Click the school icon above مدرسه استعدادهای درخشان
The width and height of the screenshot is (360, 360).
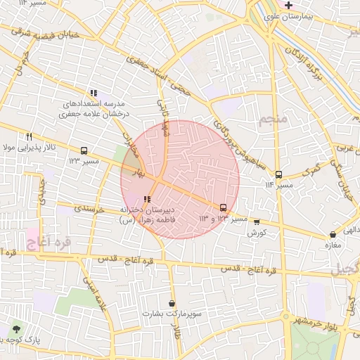pyautogui.click(x=93, y=93)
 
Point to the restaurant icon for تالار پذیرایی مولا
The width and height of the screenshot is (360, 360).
pyautogui.click(x=29, y=136)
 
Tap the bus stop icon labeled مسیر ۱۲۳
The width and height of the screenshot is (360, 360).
pyautogui.click(x=84, y=150)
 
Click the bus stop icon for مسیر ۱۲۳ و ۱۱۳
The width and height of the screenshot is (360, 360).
pyautogui.click(x=224, y=207)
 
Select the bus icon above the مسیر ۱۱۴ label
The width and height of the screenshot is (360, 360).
pyautogui.click(x=278, y=174)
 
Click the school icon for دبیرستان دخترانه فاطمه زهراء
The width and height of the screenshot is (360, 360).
pyautogui.click(x=147, y=199)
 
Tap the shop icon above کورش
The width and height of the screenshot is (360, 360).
pyautogui.click(x=257, y=221)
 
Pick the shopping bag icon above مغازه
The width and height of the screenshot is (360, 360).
pyautogui.click(x=333, y=235)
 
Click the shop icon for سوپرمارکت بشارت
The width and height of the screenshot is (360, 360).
pyautogui.click(x=172, y=303)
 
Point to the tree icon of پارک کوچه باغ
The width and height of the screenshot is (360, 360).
pyautogui.click(x=16, y=328)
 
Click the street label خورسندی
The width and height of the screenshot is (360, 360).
pyautogui.click(x=89, y=209)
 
